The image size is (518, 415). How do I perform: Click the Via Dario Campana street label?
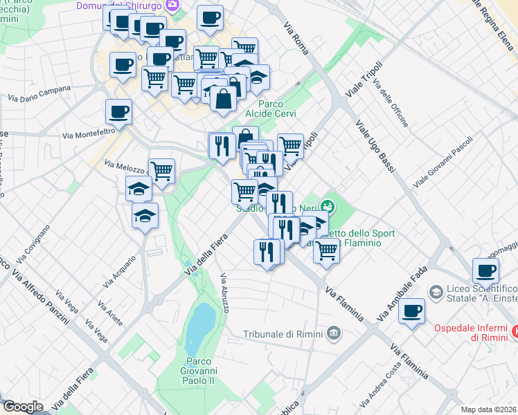(39, 93)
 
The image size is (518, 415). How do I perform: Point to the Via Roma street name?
(296, 39)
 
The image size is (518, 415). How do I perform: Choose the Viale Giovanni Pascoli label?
(443, 161)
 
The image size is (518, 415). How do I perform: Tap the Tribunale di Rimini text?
(283, 333)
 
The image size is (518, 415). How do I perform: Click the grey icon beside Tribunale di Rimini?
(334, 333)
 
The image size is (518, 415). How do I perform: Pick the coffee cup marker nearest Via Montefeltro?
(118, 112)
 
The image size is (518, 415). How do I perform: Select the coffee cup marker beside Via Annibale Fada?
(412, 311)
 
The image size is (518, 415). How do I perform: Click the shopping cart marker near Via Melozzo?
(161, 170)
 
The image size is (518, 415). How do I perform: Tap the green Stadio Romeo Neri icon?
(328, 206)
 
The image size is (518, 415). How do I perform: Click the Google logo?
(23, 407)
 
